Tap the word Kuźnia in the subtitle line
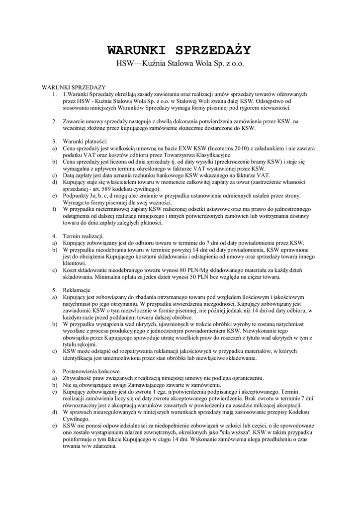tap(152, 64)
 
